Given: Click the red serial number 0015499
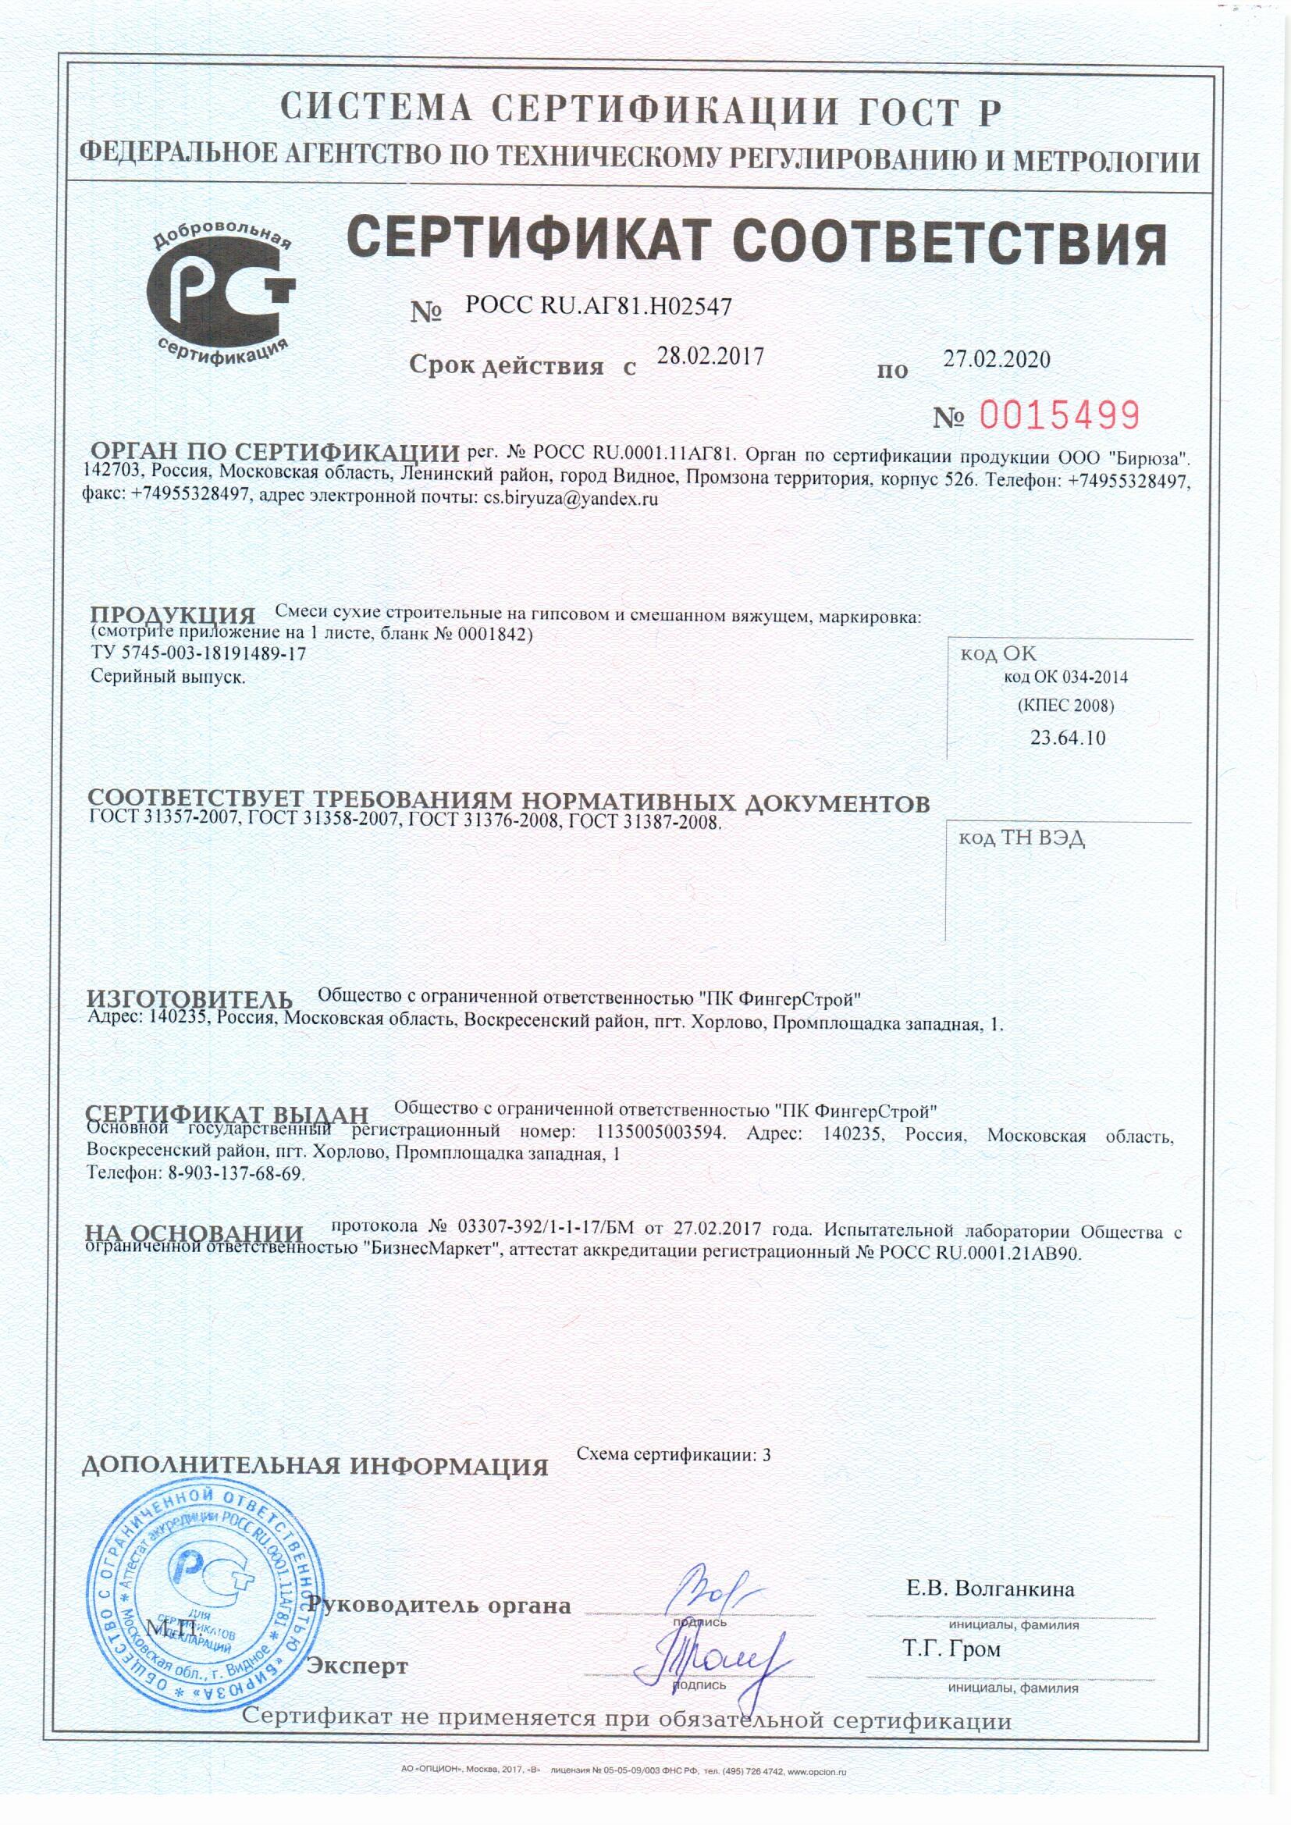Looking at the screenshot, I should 1059,416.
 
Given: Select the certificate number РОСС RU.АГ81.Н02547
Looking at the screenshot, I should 598,307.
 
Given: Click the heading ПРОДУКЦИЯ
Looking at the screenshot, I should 172,615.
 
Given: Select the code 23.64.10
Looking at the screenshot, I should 1068,738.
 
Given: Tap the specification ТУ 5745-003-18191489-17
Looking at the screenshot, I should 199,653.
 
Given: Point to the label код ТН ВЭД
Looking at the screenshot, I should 1022,838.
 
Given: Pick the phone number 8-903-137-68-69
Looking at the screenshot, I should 234,1172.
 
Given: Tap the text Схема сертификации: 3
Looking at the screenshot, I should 674,1455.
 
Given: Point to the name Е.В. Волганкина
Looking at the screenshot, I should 990,1589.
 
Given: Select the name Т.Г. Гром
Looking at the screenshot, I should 951,1649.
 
